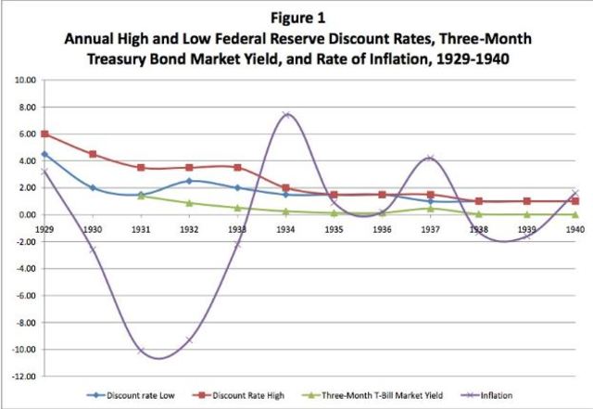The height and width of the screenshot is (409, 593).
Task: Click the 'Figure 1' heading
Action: pyautogui.click(x=296, y=17)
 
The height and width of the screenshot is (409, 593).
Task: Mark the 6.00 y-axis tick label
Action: pyautogui.click(x=23, y=134)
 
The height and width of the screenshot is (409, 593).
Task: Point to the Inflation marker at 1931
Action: pyautogui.click(x=140, y=351)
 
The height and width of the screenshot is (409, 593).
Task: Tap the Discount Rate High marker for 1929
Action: pyautogui.click(x=44, y=134)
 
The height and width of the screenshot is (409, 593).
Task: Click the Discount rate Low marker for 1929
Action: pyautogui.click(x=44, y=155)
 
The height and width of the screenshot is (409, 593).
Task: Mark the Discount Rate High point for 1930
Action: pyautogui.click(x=92, y=154)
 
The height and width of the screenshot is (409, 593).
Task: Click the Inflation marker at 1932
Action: pyautogui.click(x=188, y=339)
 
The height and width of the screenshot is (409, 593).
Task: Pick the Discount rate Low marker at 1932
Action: pyautogui.click(x=188, y=181)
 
